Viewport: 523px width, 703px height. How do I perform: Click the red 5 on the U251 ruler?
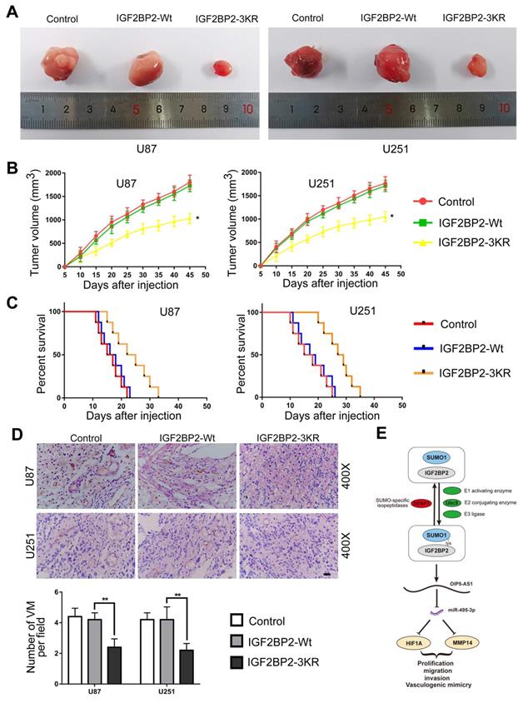[388, 108]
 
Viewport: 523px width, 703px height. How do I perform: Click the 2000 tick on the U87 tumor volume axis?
[51, 173]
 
